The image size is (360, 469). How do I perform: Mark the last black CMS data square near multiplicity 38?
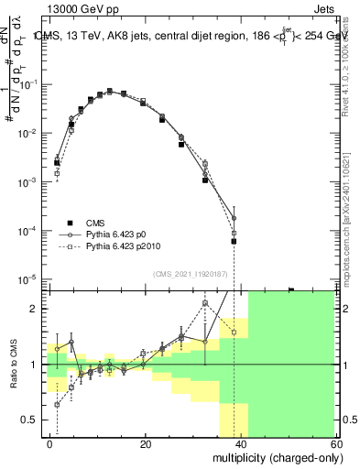click(x=234, y=242)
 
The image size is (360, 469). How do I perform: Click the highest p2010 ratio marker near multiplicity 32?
click(x=205, y=303)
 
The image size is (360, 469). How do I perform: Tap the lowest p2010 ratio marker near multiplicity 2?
click(x=57, y=404)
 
